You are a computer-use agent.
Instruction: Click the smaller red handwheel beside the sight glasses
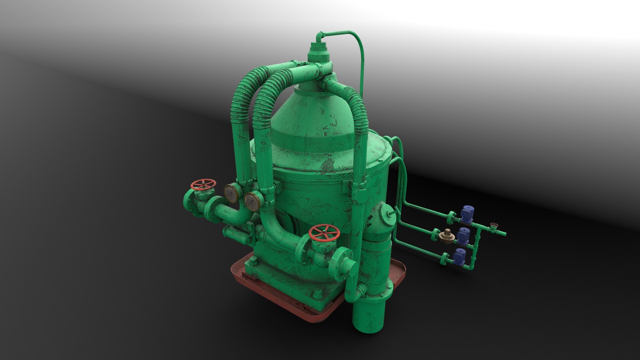pos(203,184)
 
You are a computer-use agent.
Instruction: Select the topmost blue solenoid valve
pos(467,212)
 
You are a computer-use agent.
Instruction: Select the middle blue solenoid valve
pos(463,236)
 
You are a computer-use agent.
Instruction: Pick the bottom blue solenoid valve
pos(460,257)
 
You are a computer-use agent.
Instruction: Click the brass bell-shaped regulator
pos(447,235)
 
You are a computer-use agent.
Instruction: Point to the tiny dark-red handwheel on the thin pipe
pos(494,225)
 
